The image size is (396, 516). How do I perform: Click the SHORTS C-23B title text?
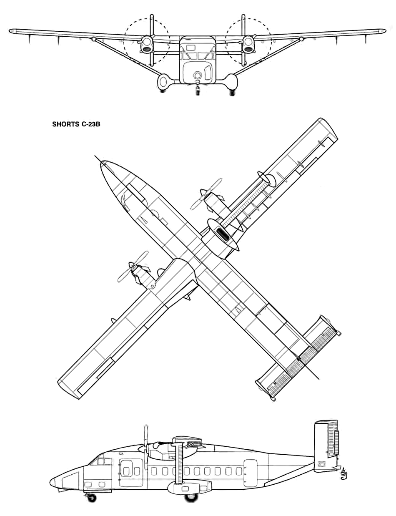(76, 124)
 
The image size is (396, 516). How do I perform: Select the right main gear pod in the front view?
(231, 82)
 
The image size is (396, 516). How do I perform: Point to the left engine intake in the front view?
(147, 49)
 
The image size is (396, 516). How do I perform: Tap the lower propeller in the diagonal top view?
(133, 267)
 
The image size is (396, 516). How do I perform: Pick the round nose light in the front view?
(197, 76)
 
